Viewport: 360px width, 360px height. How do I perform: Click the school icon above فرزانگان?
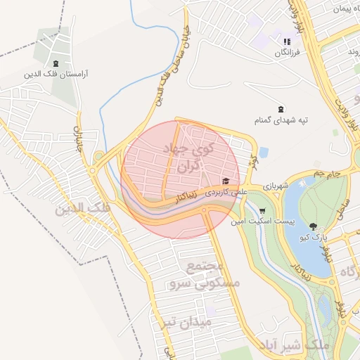coord(287,41)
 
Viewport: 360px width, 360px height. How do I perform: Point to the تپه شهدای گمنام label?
coord(282,121)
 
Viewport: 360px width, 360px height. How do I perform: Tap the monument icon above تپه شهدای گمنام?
coord(281,109)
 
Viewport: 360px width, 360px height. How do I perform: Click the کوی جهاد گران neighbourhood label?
coord(182,159)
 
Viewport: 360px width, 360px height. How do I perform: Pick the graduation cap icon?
coord(226,181)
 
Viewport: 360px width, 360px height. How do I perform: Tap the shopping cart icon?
coord(262,210)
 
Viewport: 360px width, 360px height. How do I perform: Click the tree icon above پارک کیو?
coord(313,226)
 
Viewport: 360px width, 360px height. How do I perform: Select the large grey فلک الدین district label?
coord(83,208)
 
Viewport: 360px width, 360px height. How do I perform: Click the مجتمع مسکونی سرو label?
coord(204,276)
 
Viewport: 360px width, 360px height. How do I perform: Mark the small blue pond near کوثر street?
coord(263,152)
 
